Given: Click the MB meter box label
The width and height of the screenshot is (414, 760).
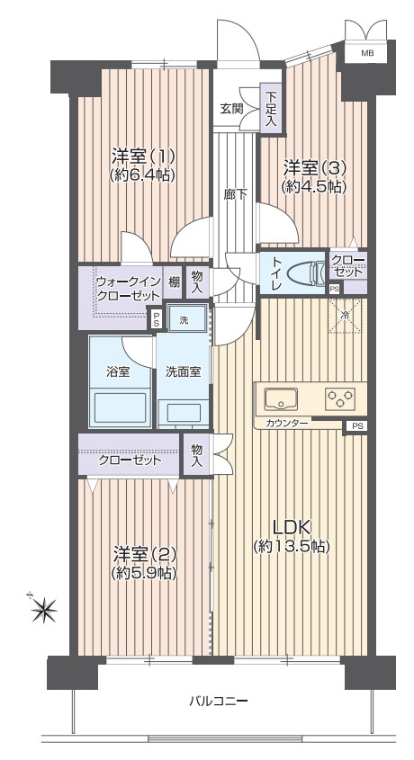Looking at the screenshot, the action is tap(367, 53).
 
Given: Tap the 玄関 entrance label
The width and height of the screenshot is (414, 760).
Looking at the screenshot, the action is tap(230, 109).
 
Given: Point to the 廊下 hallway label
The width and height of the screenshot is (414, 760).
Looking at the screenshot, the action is tap(236, 194).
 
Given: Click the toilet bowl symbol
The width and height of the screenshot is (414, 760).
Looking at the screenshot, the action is tap(305, 273).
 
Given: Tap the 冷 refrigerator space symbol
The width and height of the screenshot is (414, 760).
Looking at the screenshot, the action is tap(345, 316).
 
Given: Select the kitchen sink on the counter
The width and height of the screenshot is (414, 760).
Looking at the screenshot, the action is tap(281, 398).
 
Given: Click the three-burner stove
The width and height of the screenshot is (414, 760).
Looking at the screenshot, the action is tap(340, 398).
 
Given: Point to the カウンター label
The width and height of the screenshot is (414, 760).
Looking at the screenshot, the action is tap(286, 423).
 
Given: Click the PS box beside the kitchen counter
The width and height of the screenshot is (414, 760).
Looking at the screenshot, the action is tap(356, 426).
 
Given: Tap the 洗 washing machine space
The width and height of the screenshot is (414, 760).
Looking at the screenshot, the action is tap(187, 317).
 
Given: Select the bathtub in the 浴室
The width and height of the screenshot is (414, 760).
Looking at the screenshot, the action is tap(121, 407).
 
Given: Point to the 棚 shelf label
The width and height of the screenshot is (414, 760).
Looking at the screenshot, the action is tap(175, 282).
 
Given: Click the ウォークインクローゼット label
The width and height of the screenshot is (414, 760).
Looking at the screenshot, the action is tap(128, 289).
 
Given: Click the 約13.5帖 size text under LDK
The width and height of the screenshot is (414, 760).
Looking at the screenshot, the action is tap(292, 547).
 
